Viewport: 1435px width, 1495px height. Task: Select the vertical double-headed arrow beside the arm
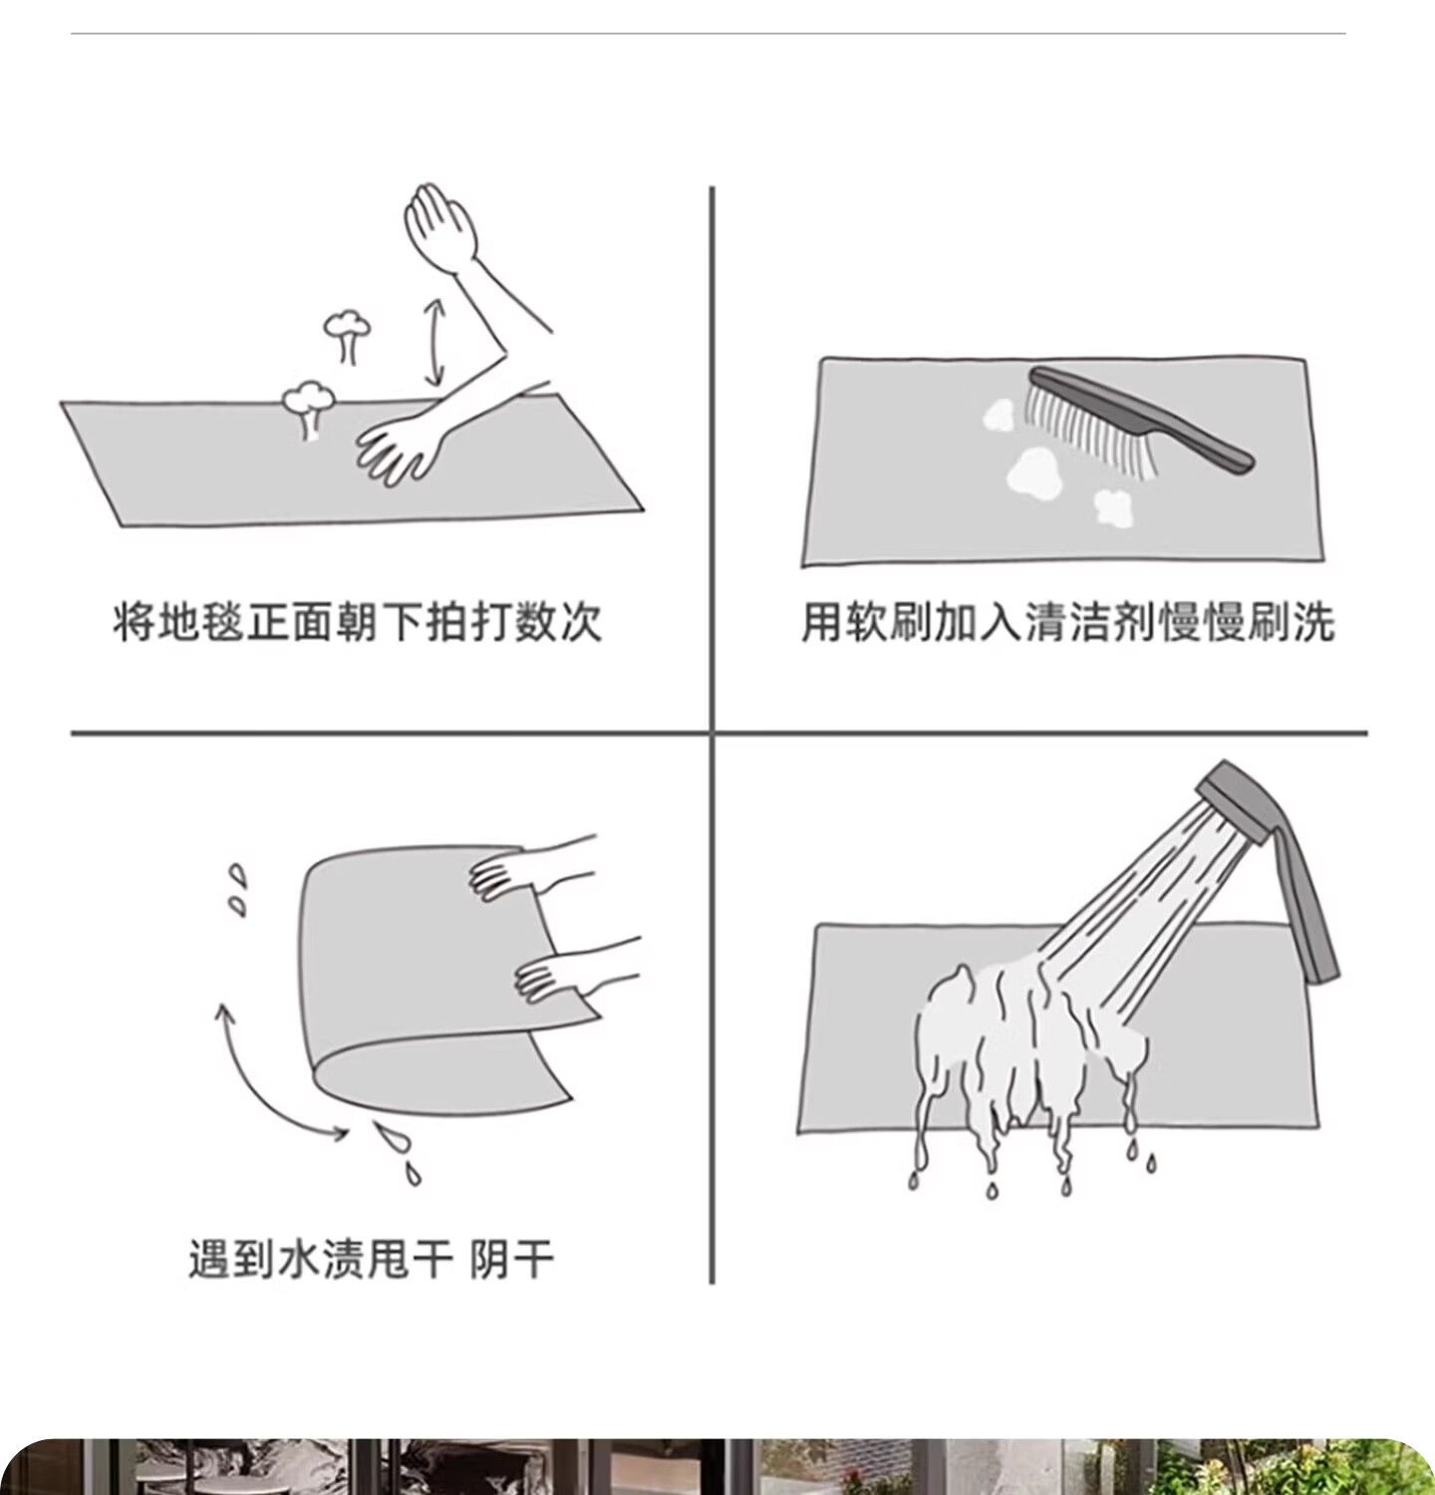433,342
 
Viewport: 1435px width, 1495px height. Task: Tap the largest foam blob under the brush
1032,472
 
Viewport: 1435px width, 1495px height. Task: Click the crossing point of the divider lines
713,734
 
